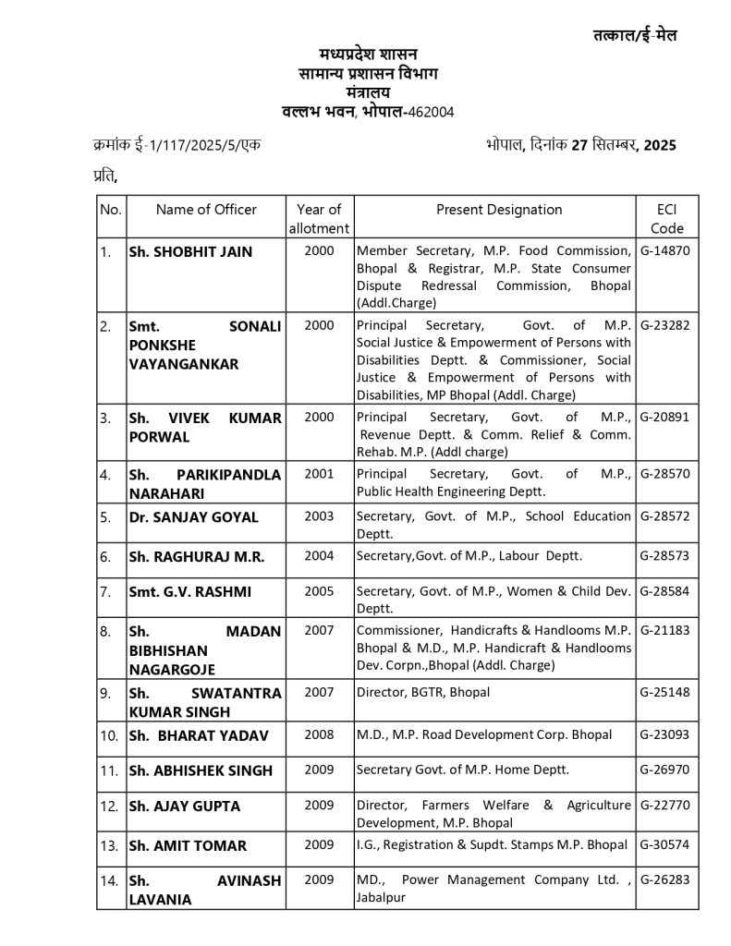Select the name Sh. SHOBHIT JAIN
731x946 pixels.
coord(190,251)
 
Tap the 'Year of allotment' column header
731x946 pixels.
coord(319,219)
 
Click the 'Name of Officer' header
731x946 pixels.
coord(206,210)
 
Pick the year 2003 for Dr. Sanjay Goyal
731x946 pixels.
coord(319,516)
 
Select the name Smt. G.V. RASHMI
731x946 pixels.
coord(189,590)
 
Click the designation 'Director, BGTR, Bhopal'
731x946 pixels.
coord(423,692)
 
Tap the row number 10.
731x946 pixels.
coord(110,735)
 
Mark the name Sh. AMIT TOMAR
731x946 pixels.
coord(188,845)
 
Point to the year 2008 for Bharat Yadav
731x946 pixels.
coord(319,735)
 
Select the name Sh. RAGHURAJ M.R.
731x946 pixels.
coord(197,556)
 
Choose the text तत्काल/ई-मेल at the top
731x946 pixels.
coord(635,36)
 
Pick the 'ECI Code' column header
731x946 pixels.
coord(666,219)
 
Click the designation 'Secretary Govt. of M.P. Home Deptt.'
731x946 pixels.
coord(463,770)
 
